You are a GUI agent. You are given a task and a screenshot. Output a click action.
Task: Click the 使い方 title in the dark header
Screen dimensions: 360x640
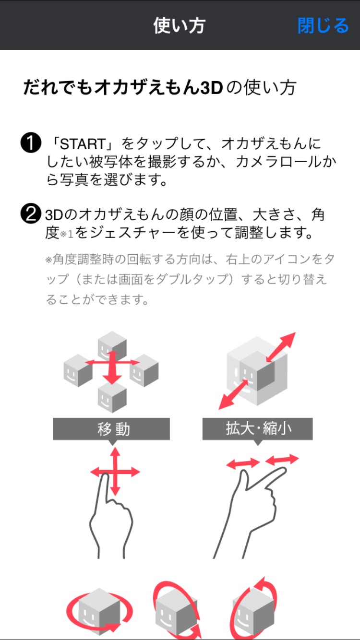click(x=180, y=25)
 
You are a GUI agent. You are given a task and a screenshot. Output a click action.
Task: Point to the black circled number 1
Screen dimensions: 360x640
click(x=31, y=142)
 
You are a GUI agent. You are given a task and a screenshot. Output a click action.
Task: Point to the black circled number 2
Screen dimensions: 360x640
click(x=31, y=213)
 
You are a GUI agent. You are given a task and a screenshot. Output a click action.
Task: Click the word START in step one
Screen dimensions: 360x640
click(x=83, y=144)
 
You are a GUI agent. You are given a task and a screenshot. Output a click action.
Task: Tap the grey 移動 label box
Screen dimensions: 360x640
click(x=111, y=429)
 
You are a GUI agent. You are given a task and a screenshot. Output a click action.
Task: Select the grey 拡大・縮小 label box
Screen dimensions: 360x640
click(x=257, y=429)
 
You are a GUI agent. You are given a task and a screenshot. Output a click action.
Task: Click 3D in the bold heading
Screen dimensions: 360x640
click(x=211, y=88)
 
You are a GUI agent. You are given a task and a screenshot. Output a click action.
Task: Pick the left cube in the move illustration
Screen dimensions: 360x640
click(x=78, y=370)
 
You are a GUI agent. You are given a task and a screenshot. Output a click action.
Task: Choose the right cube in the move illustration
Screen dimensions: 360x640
click(x=144, y=370)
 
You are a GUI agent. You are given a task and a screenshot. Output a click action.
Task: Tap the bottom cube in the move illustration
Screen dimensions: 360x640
click(x=112, y=397)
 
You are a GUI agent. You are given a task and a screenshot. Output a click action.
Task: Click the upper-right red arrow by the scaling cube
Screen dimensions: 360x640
click(x=281, y=347)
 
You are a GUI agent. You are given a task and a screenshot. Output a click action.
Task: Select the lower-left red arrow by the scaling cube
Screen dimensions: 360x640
click(x=233, y=394)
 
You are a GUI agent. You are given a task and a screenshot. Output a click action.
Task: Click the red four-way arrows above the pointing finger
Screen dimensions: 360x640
click(x=115, y=472)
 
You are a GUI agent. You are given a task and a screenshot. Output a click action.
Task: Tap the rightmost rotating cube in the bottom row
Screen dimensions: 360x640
click(x=253, y=611)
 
